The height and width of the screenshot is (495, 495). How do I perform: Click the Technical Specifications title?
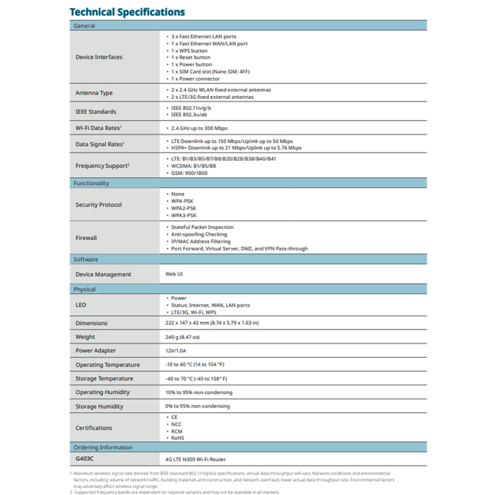point(127,12)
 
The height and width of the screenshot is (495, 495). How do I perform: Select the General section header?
point(84,26)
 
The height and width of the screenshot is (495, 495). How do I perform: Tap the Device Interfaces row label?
point(99,57)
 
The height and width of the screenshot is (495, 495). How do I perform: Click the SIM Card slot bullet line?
point(210,72)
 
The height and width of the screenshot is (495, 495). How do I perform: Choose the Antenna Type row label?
point(94,93)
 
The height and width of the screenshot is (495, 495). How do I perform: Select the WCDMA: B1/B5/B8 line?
point(193,166)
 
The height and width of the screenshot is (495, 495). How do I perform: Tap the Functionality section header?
point(91,183)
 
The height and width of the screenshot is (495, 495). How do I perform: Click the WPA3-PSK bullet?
point(184,215)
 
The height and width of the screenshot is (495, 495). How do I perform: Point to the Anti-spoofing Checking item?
point(199,234)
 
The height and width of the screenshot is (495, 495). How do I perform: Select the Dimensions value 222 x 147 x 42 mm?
point(212,323)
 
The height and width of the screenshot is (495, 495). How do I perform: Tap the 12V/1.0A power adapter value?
point(176,350)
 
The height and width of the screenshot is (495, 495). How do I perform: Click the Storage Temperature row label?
point(104,379)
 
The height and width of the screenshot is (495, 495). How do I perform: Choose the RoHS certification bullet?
point(178,438)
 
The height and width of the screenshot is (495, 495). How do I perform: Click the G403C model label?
point(85,459)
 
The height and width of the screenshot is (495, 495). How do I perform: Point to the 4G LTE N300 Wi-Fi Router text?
point(196,459)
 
